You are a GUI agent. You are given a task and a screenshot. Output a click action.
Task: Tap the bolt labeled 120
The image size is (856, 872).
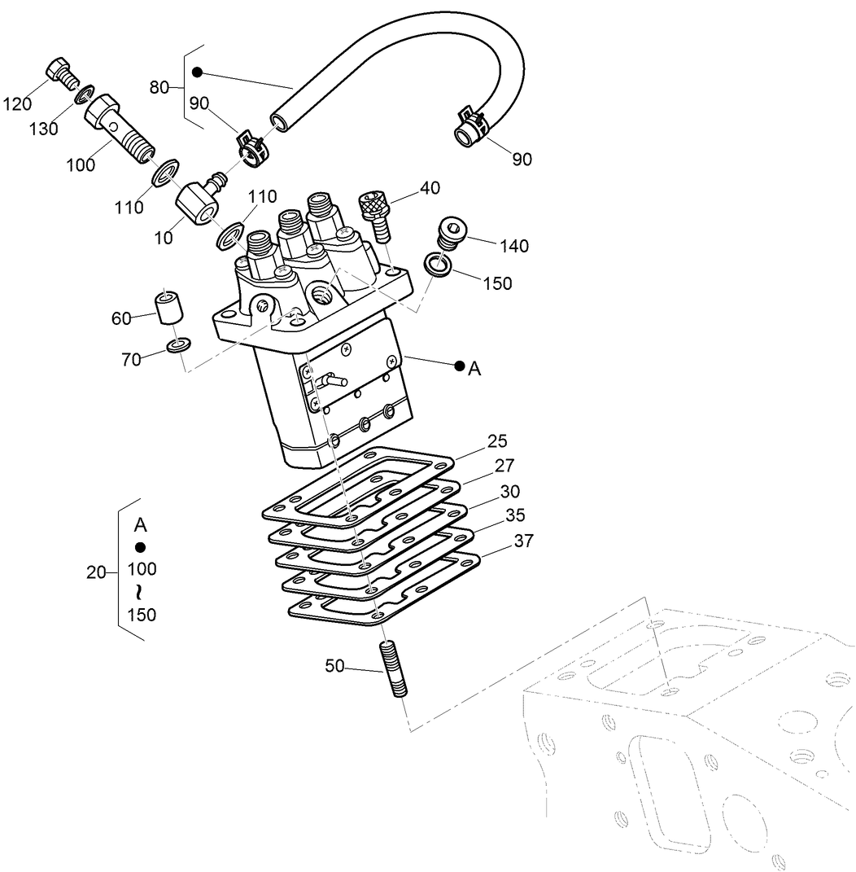point(61,72)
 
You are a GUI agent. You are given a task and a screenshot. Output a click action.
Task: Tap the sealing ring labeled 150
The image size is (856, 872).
point(439,263)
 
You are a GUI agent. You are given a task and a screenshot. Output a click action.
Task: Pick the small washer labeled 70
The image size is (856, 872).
point(178,345)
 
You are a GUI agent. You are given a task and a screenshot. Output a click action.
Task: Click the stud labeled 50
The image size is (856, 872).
point(392,668)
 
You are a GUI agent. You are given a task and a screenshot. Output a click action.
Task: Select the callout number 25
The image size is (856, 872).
point(497,441)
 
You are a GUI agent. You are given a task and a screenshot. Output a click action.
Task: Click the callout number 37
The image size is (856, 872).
point(523,541)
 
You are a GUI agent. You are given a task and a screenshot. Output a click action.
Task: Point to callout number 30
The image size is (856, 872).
point(510,491)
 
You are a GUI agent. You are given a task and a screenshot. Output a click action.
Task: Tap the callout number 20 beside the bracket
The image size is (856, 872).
point(96,572)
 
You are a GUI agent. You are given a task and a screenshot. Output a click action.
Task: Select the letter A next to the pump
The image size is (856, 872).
point(475,369)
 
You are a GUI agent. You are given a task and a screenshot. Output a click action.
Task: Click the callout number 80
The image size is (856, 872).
point(159,85)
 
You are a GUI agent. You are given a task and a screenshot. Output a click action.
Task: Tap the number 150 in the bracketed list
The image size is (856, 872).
point(142,615)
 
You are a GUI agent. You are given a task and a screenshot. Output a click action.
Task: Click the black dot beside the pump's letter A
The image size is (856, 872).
point(460,366)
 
